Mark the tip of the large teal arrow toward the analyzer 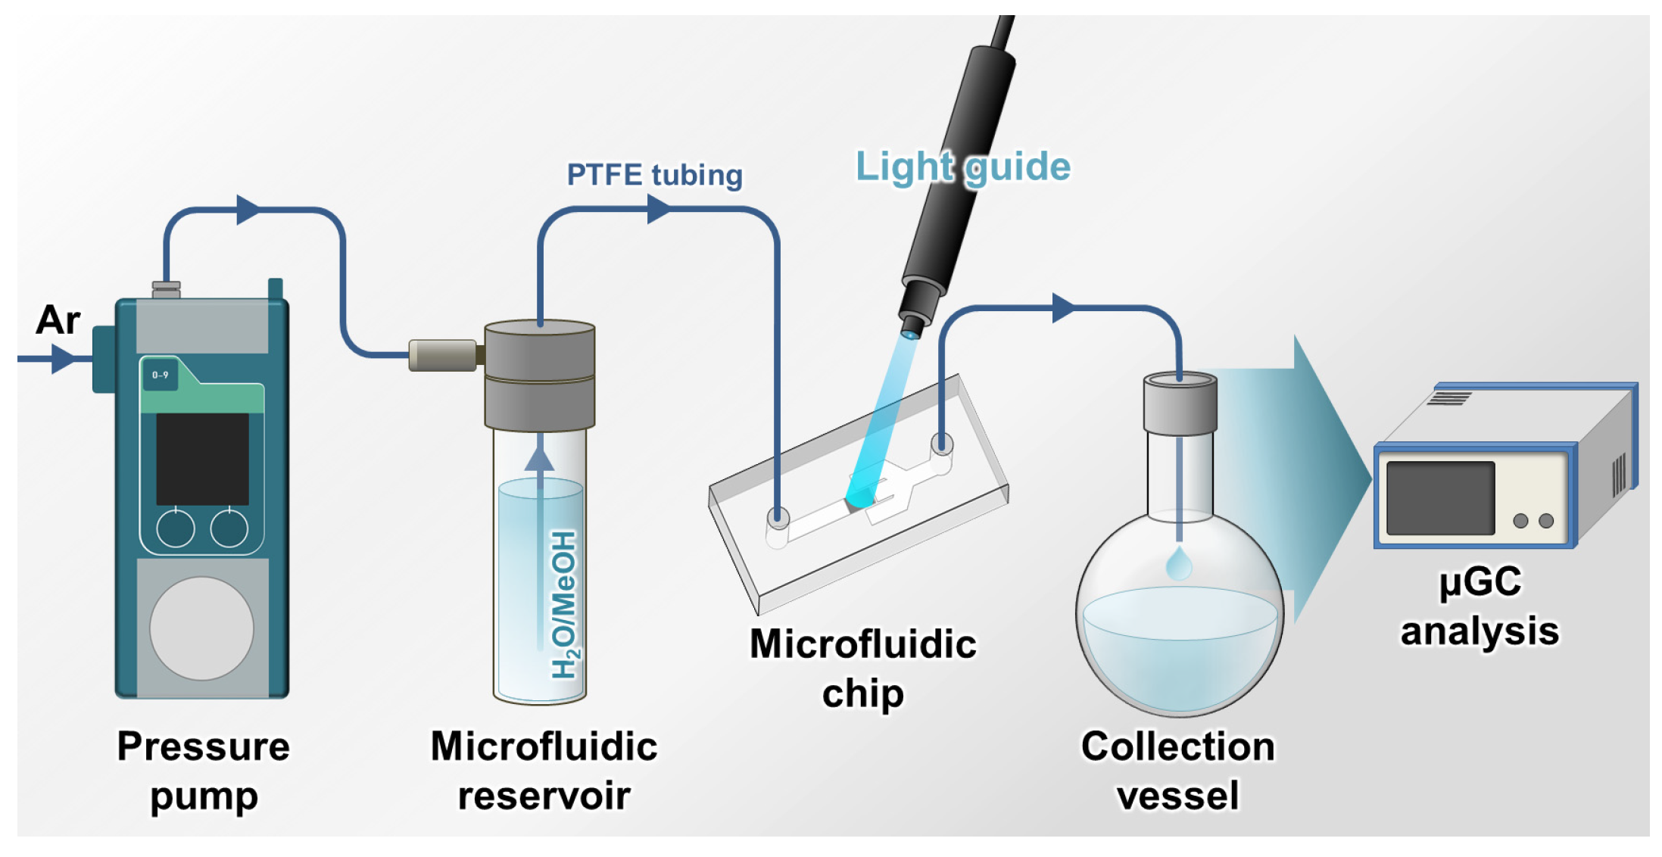1371,478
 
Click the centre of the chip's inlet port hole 778,518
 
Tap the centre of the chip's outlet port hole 942,443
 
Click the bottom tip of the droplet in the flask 1179,579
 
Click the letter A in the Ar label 48,319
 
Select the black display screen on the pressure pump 202,459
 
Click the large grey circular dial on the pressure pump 201,628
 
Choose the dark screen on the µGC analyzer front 1440,498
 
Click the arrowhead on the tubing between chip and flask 1064,308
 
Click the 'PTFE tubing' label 655,175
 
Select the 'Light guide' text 963,167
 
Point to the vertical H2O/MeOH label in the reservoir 564,604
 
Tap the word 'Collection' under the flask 1178,746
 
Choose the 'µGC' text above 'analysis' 1480,582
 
